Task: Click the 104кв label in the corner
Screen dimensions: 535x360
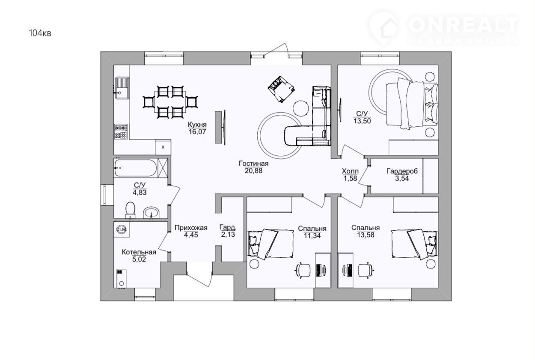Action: pyautogui.click(x=40, y=33)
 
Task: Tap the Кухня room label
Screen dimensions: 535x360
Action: pyautogui.click(x=197, y=125)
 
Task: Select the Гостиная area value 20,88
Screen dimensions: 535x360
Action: pyautogui.click(x=253, y=170)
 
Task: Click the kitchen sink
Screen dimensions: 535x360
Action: pyautogui.click(x=122, y=88)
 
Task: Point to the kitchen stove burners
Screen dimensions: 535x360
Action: pyautogui.click(x=121, y=131)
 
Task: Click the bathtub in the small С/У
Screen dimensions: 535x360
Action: pyautogui.click(x=136, y=168)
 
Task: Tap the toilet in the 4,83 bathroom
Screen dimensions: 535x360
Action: pyautogui.click(x=131, y=210)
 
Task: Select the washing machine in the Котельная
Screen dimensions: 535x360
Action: pyautogui.click(x=122, y=229)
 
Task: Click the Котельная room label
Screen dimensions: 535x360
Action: pyautogui.click(x=139, y=252)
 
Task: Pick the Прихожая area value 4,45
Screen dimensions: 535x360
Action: pyautogui.click(x=191, y=235)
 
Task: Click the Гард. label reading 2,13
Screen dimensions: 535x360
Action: pyautogui.click(x=228, y=231)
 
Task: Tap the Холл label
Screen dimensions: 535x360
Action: pyautogui.click(x=350, y=171)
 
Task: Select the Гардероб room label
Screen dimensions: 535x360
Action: pyautogui.click(x=402, y=171)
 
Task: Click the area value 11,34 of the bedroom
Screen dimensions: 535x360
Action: pyautogui.click(x=312, y=236)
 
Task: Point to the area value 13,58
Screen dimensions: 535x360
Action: pyautogui.click(x=366, y=235)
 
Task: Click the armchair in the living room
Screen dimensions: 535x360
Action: pyautogui.click(x=281, y=89)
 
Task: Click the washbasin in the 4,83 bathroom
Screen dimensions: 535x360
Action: pyautogui.click(x=151, y=213)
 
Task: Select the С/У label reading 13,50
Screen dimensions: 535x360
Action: pyautogui.click(x=362, y=117)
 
